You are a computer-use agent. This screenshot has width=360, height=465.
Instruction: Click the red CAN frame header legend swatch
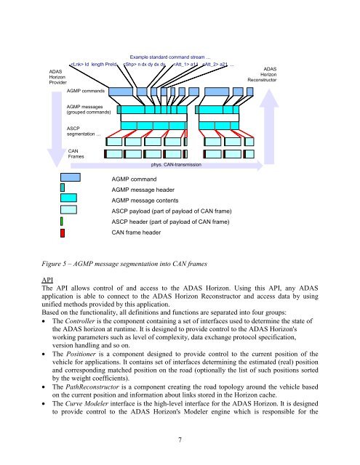[x=63, y=233]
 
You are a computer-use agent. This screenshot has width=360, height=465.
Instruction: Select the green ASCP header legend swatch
[x=61, y=222]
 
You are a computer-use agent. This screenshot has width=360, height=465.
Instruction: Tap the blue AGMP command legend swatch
[x=71, y=177]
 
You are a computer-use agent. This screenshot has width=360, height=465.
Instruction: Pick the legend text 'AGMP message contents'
[x=145, y=201]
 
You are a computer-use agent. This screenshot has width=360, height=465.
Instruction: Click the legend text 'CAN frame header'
[x=136, y=232]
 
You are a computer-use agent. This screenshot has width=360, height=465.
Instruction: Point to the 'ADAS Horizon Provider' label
[x=57, y=77]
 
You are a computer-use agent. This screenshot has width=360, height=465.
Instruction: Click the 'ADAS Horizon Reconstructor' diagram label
[x=263, y=74]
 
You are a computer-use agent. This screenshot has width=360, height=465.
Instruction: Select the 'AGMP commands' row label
[x=86, y=91]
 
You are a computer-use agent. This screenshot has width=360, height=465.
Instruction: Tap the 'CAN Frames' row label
[x=76, y=153]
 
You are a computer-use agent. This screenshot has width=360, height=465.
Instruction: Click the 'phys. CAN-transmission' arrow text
[x=176, y=165]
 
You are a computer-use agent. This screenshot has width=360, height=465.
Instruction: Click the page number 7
[x=180, y=440]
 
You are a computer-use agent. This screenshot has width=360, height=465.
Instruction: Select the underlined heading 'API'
[x=47, y=280]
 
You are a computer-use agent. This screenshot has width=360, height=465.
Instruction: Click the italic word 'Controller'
[x=80, y=321]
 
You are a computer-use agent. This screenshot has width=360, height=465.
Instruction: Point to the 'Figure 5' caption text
[x=124, y=264]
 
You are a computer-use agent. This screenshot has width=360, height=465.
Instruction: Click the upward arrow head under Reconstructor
[x=269, y=98]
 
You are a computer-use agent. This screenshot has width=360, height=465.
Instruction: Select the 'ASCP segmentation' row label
[x=84, y=131]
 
